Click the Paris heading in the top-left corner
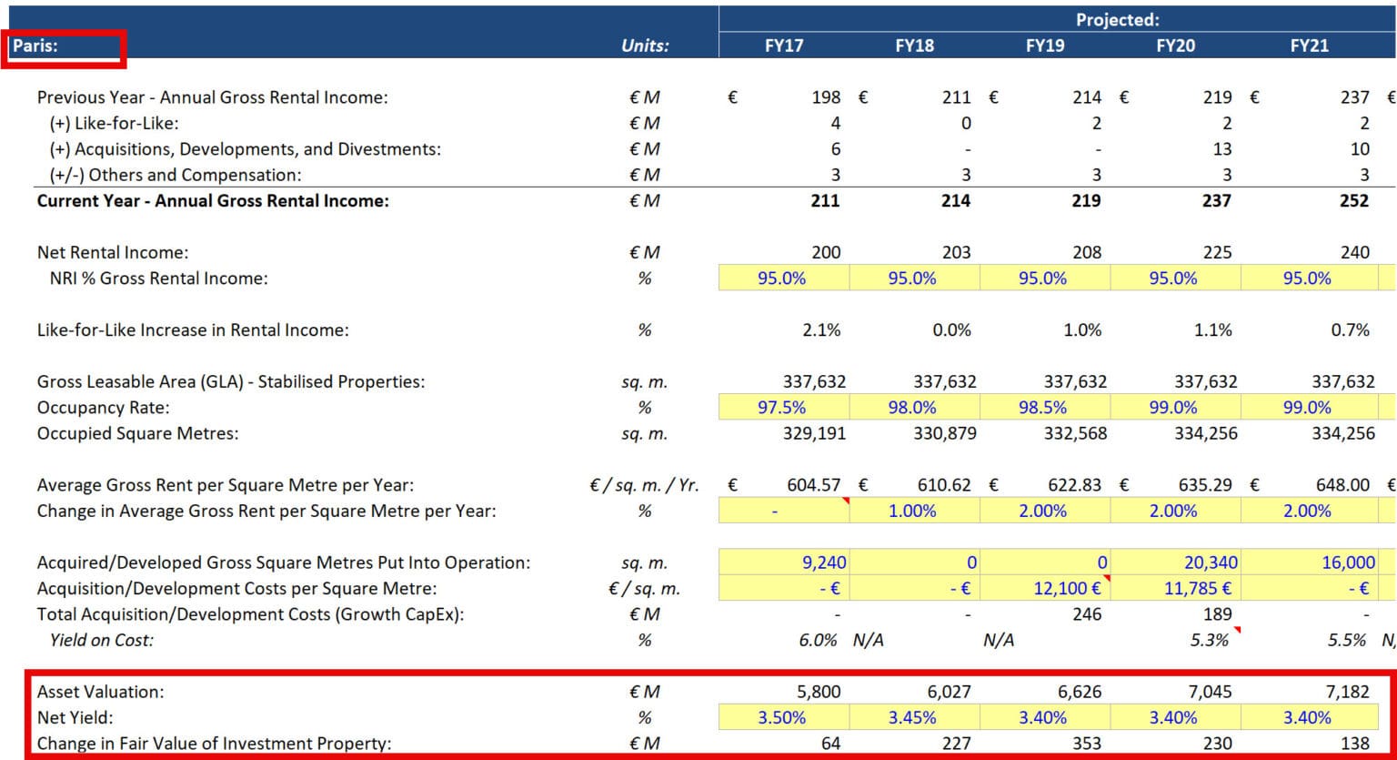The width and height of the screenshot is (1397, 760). click(35, 46)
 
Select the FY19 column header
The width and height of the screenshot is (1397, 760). click(1044, 46)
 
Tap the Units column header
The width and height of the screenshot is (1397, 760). click(645, 46)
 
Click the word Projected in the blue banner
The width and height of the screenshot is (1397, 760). click(1117, 19)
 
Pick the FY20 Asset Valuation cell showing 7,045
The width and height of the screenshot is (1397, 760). click(1210, 692)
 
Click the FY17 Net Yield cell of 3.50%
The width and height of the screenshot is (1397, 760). click(782, 717)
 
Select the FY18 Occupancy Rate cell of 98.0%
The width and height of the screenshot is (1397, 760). click(912, 408)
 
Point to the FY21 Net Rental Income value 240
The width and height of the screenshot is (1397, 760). click(1354, 253)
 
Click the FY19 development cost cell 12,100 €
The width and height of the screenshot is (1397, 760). click(1067, 589)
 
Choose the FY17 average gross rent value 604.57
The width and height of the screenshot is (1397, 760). click(814, 485)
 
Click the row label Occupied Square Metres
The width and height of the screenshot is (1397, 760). click(137, 433)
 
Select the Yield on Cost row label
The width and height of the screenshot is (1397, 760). click(101, 640)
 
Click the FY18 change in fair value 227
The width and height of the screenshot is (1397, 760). click(956, 743)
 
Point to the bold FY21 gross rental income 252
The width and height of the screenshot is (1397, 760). click(1353, 201)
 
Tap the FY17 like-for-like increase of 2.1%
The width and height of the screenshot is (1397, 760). click(821, 330)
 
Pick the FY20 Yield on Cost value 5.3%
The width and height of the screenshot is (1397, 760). click(1210, 640)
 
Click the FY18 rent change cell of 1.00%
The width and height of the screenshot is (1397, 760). click(912, 512)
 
